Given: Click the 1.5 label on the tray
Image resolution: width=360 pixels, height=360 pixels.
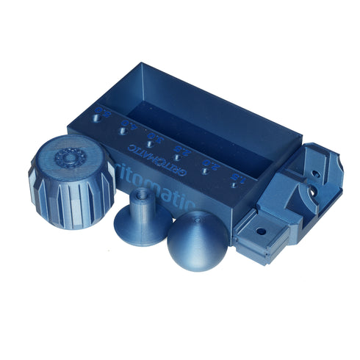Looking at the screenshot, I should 237,176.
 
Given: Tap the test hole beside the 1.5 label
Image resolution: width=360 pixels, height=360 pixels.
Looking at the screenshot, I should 233,185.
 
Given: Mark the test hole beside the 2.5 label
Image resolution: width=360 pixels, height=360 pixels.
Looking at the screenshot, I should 176,157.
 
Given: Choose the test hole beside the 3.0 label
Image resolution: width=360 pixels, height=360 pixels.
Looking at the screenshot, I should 148,143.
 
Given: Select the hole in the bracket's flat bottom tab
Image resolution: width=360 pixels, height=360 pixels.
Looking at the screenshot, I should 260,230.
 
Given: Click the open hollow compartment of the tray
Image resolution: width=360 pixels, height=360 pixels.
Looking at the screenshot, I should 198,118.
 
